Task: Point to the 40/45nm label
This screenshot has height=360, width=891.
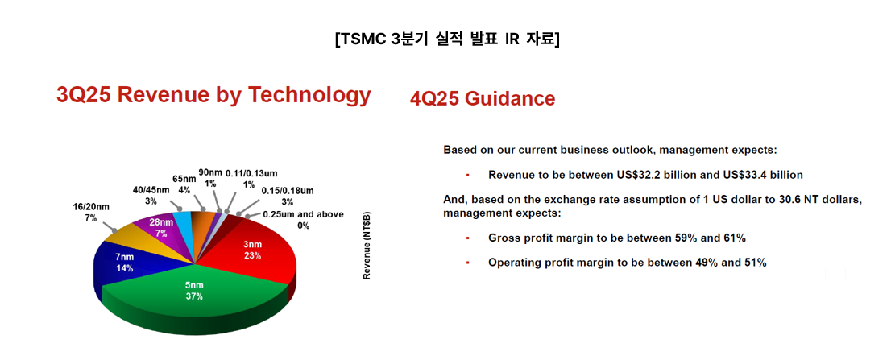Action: tap(151, 195)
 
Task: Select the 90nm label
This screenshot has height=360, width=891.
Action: tap(209, 176)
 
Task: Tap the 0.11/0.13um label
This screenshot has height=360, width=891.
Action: tap(251, 178)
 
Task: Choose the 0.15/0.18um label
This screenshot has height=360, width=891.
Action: tap(288, 196)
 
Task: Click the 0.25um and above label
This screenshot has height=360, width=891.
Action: tap(303, 220)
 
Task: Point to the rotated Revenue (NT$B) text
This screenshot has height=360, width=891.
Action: tap(367, 246)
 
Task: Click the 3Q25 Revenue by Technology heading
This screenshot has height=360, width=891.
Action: tap(213, 95)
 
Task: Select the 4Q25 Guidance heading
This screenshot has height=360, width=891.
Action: tap(483, 98)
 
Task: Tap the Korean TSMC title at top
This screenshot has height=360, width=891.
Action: tap(447, 40)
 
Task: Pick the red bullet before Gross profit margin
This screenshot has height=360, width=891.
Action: tap(467, 238)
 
